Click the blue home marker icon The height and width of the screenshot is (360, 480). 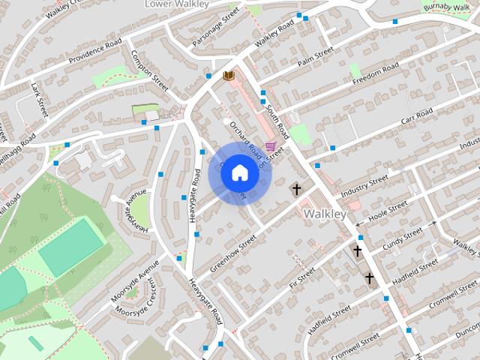pyautogui.click(x=238, y=172)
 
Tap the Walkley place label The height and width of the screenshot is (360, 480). pyautogui.click(x=325, y=214)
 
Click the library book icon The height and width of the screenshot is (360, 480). pyautogui.click(x=228, y=76)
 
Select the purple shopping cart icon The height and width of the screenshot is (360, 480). pyautogui.click(x=270, y=145)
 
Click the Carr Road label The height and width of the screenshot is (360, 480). pyautogui.click(x=417, y=117)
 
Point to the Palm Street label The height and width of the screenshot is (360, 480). pyautogui.click(x=315, y=57)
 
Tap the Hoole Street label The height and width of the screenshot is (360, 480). pyautogui.click(x=387, y=208)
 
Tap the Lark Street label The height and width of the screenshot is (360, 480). pyautogui.click(x=39, y=100)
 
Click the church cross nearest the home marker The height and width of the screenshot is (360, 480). pyautogui.click(x=297, y=189)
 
